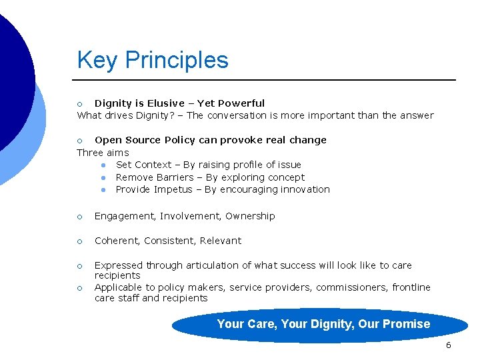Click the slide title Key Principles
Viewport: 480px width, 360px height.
click(153, 60)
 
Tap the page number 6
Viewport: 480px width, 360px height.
click(448, 345)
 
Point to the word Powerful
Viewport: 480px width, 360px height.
click(241, 103)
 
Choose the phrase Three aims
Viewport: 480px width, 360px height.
click(103, 153)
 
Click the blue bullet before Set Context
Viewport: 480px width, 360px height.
click(104, 165)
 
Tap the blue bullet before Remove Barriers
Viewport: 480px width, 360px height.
click(104, 178)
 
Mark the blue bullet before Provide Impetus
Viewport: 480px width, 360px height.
click(104, 190)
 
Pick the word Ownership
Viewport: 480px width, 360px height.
click(250, 216)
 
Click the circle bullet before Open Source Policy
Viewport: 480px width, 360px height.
click(79, 141)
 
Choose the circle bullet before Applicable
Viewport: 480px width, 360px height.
click(79, 288)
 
